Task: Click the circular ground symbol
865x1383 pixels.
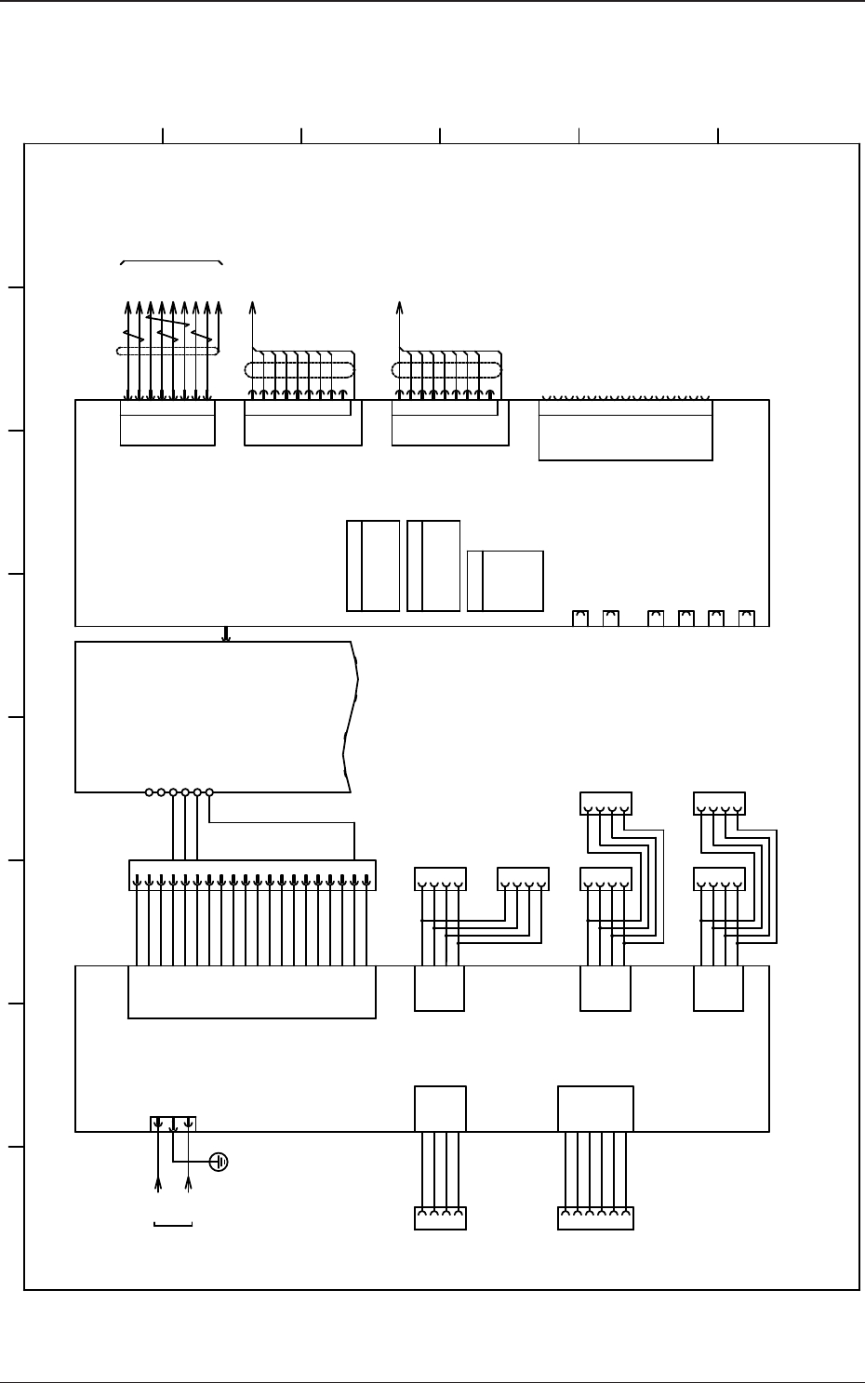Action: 220,1162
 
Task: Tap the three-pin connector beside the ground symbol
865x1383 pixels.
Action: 173,1124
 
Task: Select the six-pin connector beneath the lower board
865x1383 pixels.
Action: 595,1217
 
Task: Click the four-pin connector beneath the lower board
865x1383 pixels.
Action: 440,1217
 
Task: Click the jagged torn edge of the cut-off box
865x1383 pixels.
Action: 351,716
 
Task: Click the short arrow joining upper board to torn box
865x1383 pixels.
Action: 226,633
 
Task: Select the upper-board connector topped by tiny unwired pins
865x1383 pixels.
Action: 625,429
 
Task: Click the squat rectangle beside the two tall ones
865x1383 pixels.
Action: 505,580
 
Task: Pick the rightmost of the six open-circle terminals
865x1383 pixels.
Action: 209,792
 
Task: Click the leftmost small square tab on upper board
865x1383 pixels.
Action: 581,618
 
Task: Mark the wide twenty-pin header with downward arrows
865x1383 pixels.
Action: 252,873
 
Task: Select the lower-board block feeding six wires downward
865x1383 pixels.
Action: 595,1108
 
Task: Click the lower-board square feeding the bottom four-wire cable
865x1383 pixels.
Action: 440,1108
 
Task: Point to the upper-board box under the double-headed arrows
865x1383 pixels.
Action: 167,423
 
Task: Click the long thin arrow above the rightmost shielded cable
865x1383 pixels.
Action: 400,326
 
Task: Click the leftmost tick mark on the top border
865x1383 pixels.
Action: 163,136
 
